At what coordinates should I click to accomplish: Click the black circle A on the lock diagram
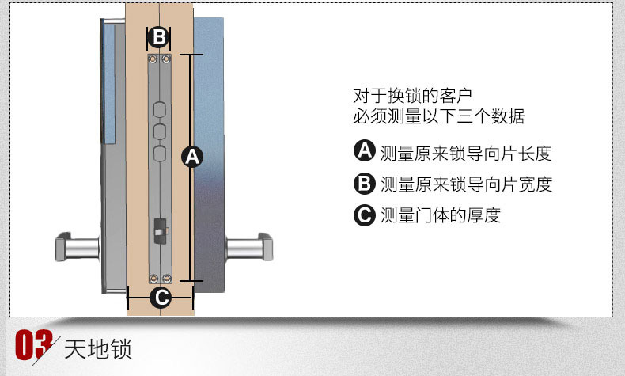[x=192, y=157]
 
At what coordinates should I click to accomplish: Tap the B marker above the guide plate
[x=159, y=36]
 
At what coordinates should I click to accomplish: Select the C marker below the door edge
[x=160, y=298]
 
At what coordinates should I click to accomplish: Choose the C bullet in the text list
[x=364, y=215]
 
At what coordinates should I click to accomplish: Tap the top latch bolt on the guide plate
[x=159, y=109]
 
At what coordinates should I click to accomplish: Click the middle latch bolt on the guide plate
[x=159, y=131]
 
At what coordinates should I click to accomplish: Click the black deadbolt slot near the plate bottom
[x=159, y=230]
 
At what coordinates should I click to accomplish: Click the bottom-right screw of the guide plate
[x=166, y=278]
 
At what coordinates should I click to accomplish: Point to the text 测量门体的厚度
[x=441, y=215]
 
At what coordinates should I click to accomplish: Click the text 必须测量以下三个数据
[x=438, y=117]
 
